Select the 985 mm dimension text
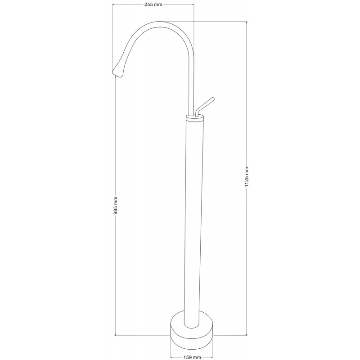point(116,205)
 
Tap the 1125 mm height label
point(247,178)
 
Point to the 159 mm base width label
point(192,357)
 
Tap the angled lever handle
point(205,104)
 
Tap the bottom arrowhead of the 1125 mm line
point(247,334)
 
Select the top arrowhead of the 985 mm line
point(116,76)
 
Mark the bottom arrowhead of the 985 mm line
point(116,334)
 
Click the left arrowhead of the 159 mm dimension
point(172,357)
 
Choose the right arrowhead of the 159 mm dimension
point(212,357)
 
